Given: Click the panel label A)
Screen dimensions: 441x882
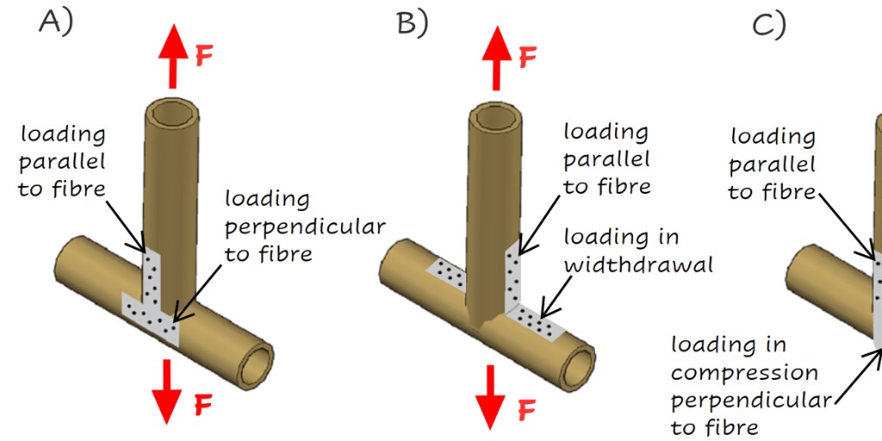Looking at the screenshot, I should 55,22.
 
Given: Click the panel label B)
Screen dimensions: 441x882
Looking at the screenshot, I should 412,23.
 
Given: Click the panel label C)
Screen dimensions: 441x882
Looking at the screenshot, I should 768,25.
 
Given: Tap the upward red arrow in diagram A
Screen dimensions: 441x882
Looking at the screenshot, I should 172,56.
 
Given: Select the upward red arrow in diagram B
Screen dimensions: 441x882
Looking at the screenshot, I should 496,56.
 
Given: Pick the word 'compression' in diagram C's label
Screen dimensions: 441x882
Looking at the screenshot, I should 744,374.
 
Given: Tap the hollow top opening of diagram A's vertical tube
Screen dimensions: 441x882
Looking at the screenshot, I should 171,113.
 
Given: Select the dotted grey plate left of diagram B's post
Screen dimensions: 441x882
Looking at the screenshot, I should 448,273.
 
